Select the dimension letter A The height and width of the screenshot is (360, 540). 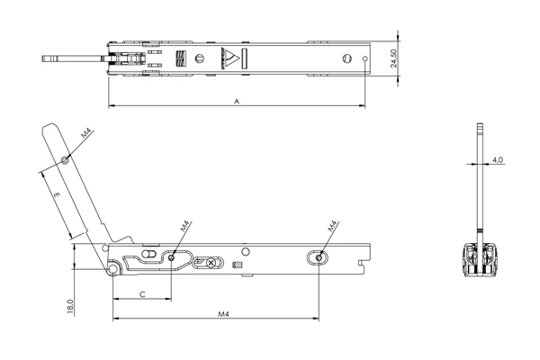coord(236,102)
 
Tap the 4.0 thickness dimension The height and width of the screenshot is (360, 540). coord(498,160)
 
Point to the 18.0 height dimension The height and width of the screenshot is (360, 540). coord(70,306)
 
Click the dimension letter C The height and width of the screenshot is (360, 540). coord(141,294)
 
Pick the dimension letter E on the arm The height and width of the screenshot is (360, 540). coord(55,194)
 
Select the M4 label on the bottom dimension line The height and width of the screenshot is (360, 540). coord(221,314)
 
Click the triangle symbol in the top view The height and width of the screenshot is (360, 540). coord(231,60)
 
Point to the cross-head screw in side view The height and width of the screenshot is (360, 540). coord(211,263)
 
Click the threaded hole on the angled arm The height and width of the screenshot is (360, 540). coord(65,161)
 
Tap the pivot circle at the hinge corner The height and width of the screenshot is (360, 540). coord(112,268)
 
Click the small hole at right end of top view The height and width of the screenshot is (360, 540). coord(363,61)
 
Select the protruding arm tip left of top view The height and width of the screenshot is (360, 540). coord(50,60)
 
